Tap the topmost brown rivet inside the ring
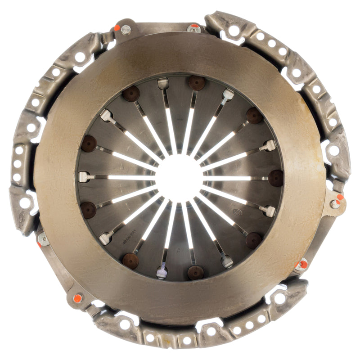pyautogui.click(x=196, y=83)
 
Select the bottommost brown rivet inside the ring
pyautogui.click(x=195, y=272)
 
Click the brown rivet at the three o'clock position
pyautogui.click(x=275, y=178)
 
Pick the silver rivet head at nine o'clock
pyautogui.click(x=84, y=177)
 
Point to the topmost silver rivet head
pyautogui.click(x=163, y=83)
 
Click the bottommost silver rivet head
pyautogui.click(x=162, y=272)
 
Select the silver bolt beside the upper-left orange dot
pyautogui.click(x=126, y=30)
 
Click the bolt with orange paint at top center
pyautogui.click(x=194, y=28)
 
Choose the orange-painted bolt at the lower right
pyautogui.click(x=302, y=265)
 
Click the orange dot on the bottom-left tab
pyautogui.click(x=77, y=298)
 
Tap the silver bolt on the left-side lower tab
pyautogui.click(x=44, y=239)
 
